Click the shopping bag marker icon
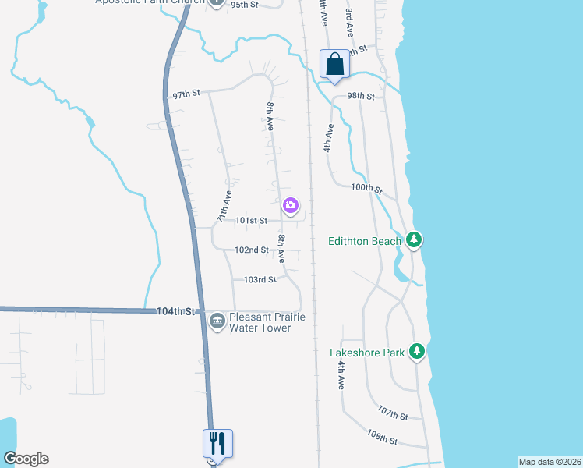point(335,65)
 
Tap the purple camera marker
point(291,206)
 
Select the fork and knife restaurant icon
point(218,444)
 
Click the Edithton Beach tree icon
point(415,239)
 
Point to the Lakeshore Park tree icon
point(418,352)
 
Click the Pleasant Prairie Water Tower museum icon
point(217,319)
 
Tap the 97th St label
point(186,94)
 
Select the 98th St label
point(361,96)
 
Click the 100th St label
point(367,189)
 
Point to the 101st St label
point(253,221)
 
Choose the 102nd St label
point(253,250)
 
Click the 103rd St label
point(260,279)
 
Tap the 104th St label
point(175,311)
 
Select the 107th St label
point(392,413)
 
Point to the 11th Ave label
point(224,207)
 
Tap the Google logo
point(26,459)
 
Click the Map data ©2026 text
point(549,462)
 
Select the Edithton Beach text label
point(365,241)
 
